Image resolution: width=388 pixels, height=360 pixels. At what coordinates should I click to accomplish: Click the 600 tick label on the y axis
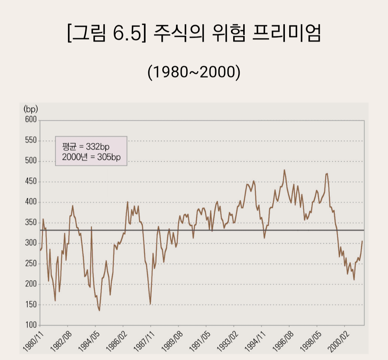click(31, 120)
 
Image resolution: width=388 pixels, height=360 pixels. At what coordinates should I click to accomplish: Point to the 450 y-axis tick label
click(31, 181)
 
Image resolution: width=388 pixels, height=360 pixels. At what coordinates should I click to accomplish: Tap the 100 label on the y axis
click(31, 325)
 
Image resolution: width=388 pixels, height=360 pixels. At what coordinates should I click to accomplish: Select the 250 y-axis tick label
click(31, 263)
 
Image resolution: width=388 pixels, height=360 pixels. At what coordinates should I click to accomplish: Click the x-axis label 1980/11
click(33, 342)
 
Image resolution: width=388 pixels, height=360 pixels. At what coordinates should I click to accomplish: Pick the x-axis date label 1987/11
click(144, 342)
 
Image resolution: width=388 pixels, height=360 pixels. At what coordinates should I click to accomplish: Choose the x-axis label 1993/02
click(227, 342)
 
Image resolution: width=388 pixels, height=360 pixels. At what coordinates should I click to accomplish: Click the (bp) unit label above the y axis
click(31, 109)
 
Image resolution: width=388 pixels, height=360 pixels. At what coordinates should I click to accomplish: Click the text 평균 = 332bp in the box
click(86, 147)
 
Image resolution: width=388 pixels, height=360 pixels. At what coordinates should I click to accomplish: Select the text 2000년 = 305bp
click(91, 157)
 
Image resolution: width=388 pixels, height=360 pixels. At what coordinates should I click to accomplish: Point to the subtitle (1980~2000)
click(194, 72)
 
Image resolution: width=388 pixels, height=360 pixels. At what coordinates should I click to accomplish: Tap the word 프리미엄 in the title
click(287, 33)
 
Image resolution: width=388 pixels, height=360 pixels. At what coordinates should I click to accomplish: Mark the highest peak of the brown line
click(284, 170)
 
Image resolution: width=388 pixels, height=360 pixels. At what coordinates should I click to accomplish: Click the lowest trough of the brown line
click(99, 310)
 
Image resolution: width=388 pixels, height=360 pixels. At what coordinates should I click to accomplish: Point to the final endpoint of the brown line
click(362, 241)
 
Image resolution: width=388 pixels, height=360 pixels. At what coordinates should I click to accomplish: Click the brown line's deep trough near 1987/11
click(150, 304)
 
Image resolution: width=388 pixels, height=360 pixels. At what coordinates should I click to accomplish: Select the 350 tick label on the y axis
click(31, 222)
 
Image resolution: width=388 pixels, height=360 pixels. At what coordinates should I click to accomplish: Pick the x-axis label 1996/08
click(283, 342)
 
